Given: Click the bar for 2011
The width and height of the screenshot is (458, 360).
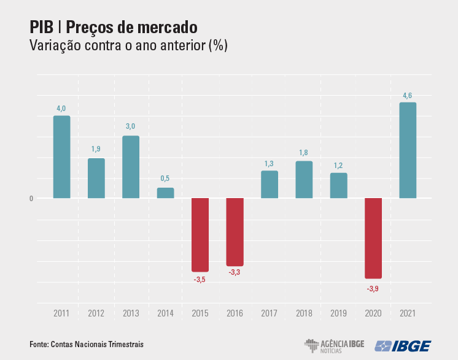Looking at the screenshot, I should [x=61, y=157].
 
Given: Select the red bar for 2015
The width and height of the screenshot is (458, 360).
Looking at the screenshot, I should [x=200, y=234].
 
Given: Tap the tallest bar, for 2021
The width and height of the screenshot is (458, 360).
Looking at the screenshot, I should [x=408, y=150].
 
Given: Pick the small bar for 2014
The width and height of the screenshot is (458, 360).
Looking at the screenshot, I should [x=165, y=193].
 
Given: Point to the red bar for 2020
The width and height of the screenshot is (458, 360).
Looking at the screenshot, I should [x=373, y=238].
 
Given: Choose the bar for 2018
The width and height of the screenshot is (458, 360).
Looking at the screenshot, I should [x=304, y=180].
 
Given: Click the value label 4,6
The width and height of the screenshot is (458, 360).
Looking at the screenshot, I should [x=408, y=95].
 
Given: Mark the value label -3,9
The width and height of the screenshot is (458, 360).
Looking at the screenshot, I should [x=373, y=289].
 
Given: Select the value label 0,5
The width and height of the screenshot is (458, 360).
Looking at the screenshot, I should [x=165, y=178].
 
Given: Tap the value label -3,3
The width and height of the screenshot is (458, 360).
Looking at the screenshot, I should [x=235, y=272].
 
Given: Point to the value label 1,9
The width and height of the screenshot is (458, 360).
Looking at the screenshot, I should [x=96, y=149].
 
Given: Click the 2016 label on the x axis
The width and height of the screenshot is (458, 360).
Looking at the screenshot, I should [x=235, y=313].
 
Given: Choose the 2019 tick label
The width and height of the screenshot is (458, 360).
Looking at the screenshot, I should [x=338, y=313].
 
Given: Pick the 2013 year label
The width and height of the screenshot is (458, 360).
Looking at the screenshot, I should [x=131, y=313].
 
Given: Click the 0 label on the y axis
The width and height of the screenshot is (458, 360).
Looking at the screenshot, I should [x=31, y=199].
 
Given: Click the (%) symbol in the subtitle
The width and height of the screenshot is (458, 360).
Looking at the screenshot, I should [x=218, y=46].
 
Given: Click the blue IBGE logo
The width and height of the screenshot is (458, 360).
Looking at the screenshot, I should [x=403, y=345].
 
